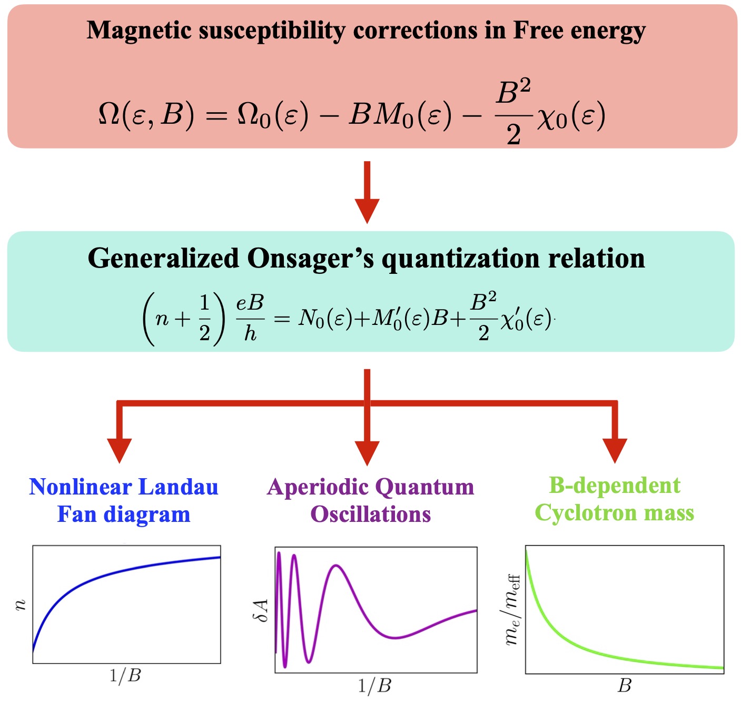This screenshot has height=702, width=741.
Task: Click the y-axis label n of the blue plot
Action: [21, 605]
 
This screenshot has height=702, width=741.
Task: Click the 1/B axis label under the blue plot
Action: [125, 676]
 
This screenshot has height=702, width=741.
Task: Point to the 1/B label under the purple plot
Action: [375, 686]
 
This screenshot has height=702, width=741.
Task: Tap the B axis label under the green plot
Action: [625, 686]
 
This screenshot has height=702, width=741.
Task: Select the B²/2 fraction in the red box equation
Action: [513, 114]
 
